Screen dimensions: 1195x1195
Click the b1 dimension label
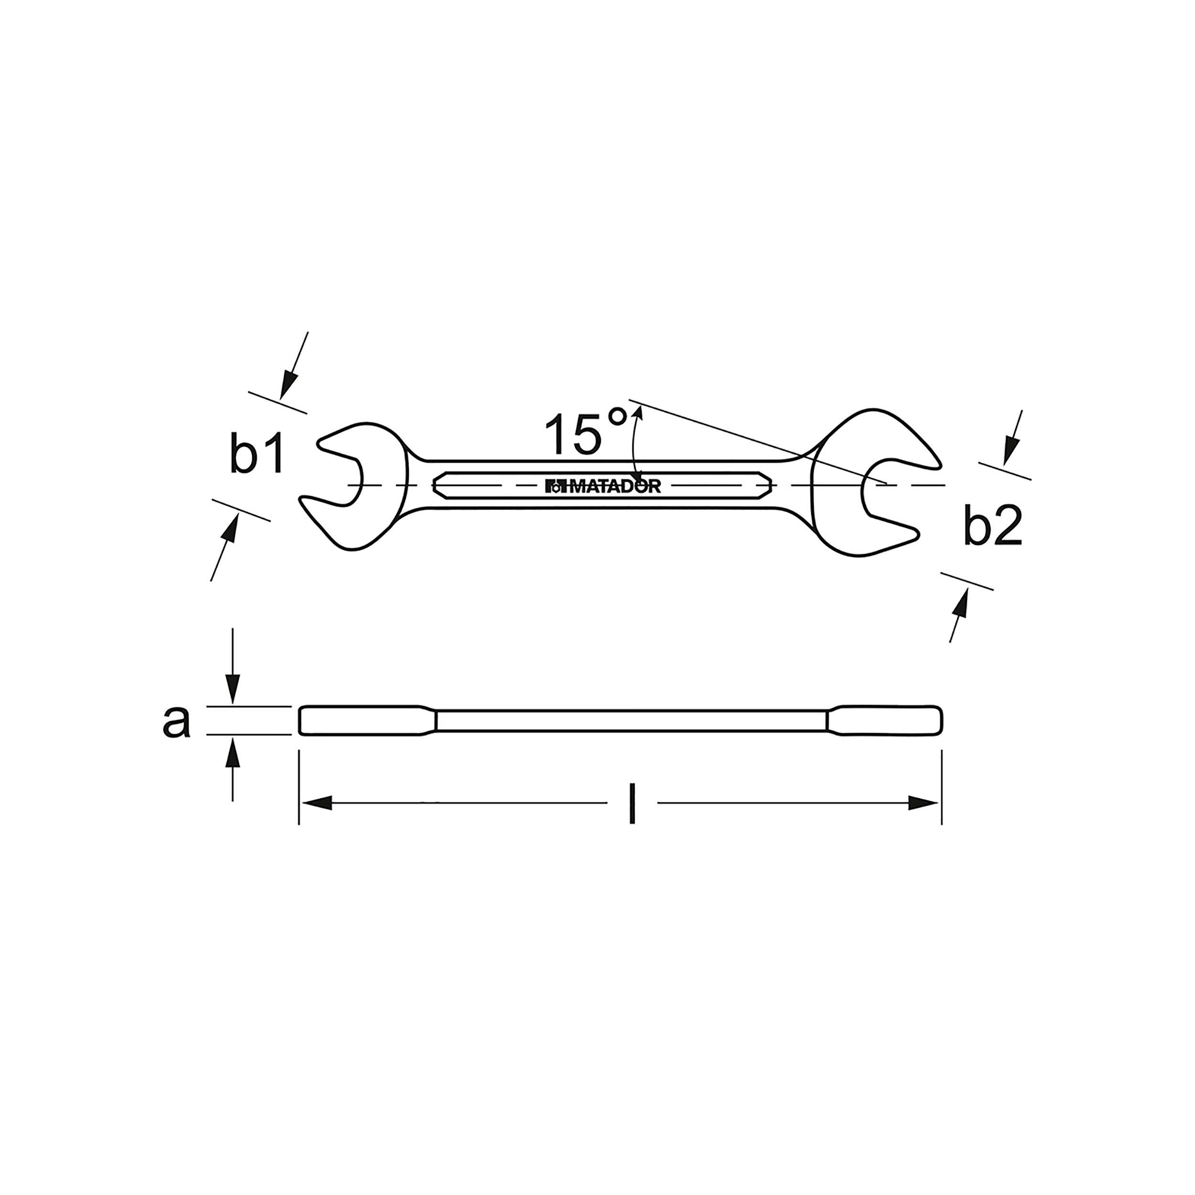pyautogui.click(x=257, y=455)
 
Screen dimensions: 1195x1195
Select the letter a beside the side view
pyautogui.click(x=176, y=721)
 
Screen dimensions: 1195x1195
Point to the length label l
pyautogui.click(x=631, y=804)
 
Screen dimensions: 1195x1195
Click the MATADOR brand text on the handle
pyautogui.click(x=603, y=486)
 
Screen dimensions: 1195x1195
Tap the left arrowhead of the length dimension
pyautogui.click(x=317, y=804)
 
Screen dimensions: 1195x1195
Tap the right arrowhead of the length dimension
pyautogui.click(x=924, y=804)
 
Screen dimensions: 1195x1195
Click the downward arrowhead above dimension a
pyautogui.click(x=232, y=688)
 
